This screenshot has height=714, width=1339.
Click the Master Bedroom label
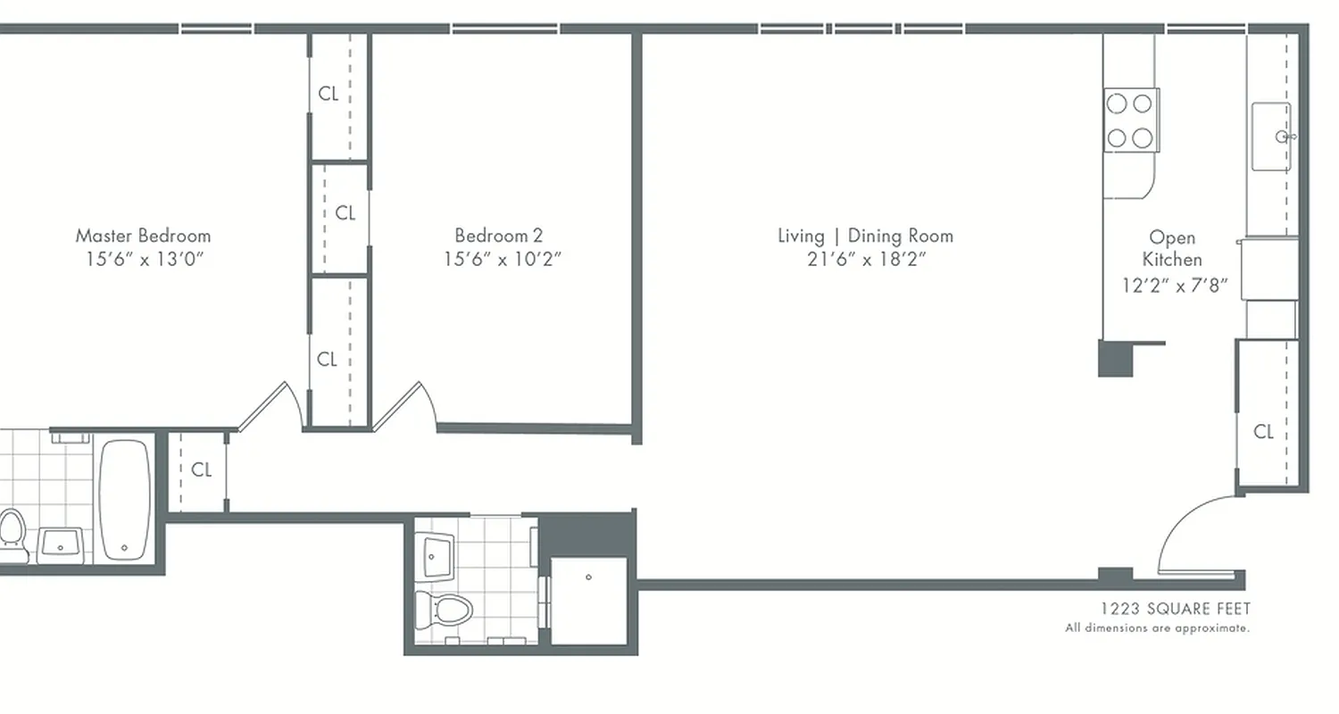[143, 236]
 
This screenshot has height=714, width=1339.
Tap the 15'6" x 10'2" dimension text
[503, 260]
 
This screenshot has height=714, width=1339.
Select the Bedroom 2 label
[498, 236]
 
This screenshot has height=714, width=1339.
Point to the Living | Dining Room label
[865, 236]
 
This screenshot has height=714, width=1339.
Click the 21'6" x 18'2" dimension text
[866, 260]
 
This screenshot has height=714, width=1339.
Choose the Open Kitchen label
[1172, 248]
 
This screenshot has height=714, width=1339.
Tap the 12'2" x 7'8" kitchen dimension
[1175, 286]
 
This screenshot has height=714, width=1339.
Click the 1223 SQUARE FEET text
[1175, 609]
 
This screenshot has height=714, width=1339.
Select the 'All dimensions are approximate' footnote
[1157, 628]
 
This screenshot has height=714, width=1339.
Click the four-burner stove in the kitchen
[1130, 120]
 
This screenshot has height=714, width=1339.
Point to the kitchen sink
[1271, 137]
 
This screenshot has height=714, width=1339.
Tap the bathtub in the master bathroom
[124, 500]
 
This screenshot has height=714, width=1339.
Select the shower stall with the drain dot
[588, 599]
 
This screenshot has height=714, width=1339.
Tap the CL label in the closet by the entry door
[1263, 432]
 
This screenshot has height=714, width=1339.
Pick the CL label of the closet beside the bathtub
[202, 469]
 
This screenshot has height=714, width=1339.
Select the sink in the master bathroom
[61, 542]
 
